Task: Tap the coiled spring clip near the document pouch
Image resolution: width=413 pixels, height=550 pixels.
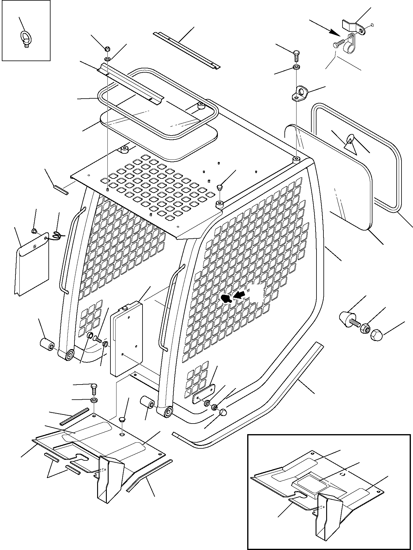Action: coord(57,235)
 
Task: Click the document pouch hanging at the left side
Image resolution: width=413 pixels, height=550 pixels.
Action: coord(32,263)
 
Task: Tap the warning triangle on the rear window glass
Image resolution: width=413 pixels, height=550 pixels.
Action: coord(349,143)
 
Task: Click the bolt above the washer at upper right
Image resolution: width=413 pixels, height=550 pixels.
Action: coord(297,56)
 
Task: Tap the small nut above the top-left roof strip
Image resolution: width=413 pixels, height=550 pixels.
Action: coord(108,49)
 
